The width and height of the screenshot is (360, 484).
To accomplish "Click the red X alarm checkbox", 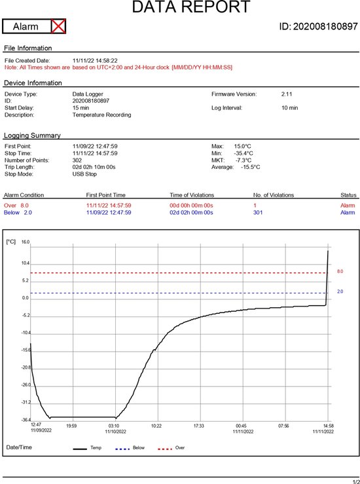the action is click(x=58, y=26).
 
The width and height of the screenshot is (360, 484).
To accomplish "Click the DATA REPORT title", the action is click(x=191, y=7).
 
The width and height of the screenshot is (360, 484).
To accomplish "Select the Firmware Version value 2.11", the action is click(x=287, y=94).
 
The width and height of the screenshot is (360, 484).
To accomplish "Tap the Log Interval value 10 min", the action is click(x=290, y=107).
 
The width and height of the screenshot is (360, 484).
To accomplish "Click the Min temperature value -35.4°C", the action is click(x=243, y=153).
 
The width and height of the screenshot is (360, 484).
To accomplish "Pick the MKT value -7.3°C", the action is click(x=243, y=160).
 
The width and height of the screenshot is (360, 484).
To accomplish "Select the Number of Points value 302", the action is click(x=77, y=160).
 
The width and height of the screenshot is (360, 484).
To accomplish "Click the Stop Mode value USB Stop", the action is click(x=84, y=174).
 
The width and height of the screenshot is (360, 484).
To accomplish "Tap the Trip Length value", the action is click(x=94, y=167).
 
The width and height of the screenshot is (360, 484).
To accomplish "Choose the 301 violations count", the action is click(x=258, y=212).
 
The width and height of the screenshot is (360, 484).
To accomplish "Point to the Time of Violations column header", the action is click(x=192, y=195).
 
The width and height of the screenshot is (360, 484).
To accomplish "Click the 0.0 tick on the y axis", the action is click(x=25, y=298).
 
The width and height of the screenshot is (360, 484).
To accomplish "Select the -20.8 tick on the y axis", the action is click(x=26, y=367).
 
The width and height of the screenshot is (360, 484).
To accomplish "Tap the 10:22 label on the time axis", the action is click(x=156, y=426).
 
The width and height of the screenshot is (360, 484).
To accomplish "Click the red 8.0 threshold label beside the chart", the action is click(x=340, y=271).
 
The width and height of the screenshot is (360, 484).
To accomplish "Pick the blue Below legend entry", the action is click(x=130, y=448).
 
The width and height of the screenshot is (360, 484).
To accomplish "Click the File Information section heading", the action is click(x=27, y=48).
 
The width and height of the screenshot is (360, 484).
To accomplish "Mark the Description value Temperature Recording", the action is click(x=102, y=115).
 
